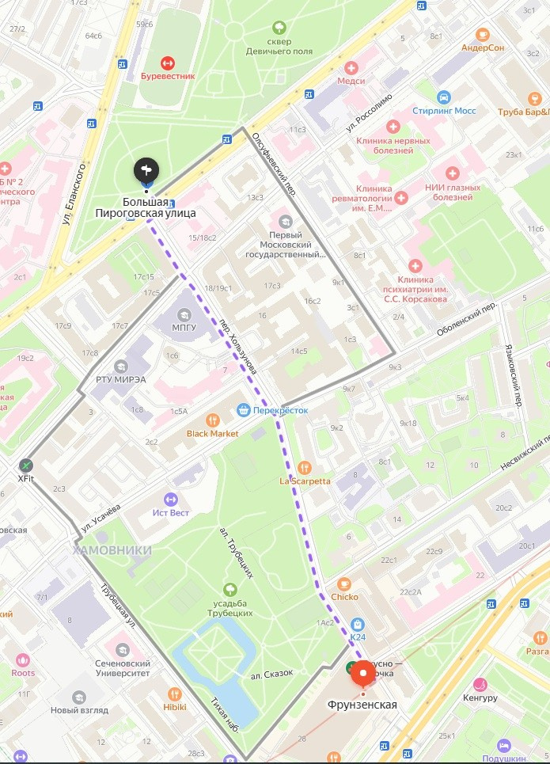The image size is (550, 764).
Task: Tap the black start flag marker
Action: (146, 169)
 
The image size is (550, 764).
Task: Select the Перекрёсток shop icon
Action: (244, 409)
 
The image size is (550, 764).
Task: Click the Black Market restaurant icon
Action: (212, 420)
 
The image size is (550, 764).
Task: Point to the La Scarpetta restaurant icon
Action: (305, 467)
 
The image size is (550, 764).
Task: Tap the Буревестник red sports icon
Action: (167, 63)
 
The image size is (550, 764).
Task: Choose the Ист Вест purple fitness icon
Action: (170, 499)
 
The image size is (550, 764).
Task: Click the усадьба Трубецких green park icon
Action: (229, 588)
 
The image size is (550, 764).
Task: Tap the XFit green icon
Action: (26, 465)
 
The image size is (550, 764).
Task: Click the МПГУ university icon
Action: (184, 314)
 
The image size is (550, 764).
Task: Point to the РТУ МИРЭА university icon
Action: (120, 366)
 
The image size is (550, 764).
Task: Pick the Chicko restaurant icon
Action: (344, 584)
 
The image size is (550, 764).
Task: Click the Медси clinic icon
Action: (351, 68)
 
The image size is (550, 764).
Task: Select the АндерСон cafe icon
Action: (483, 34)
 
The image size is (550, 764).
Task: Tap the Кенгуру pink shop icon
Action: (480, 685)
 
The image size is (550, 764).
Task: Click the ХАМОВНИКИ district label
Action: (112, 549)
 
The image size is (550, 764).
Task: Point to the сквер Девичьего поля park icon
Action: (278, 28)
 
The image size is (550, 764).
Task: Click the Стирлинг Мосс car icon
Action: (443, 97)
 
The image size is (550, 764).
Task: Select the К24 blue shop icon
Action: (357, 624)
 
